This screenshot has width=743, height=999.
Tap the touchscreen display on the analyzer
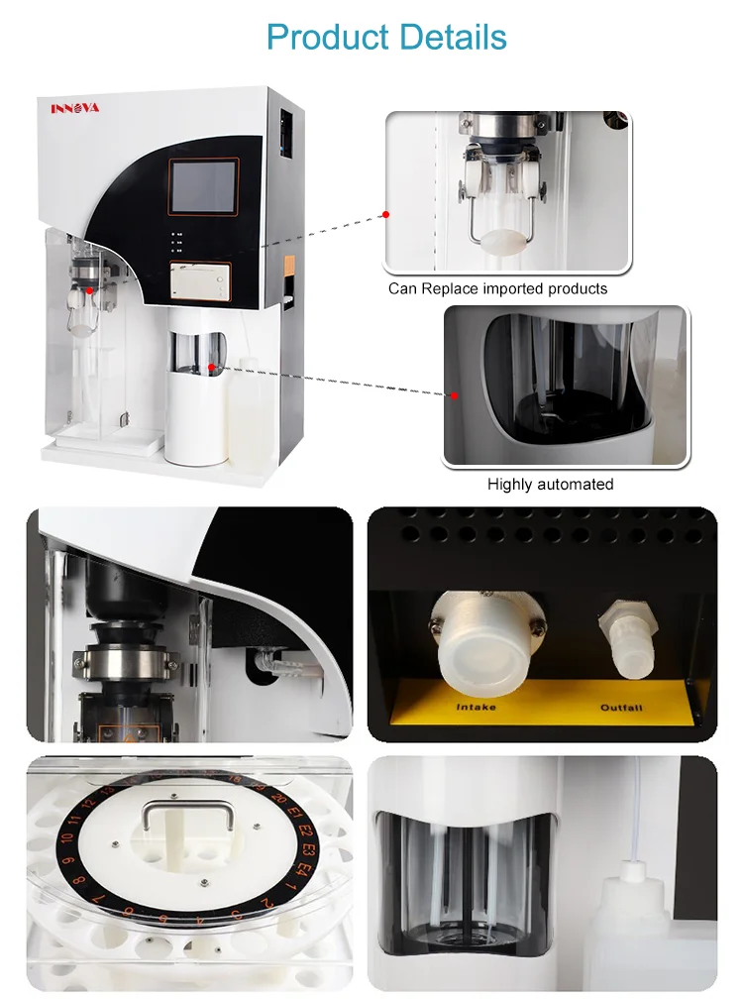tap(203, 185)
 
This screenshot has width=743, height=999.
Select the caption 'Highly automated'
tap(550, 485)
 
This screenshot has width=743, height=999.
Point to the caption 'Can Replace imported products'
tap(497, 288)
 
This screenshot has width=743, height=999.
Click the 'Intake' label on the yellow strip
tap(476, 708)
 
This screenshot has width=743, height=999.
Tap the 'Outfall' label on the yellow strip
tap(621, 708)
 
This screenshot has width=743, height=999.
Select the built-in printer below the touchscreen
tap(199, 282)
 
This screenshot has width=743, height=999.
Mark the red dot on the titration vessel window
tap(213, 367)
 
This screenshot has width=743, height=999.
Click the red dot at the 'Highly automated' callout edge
tap(455, 395)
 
